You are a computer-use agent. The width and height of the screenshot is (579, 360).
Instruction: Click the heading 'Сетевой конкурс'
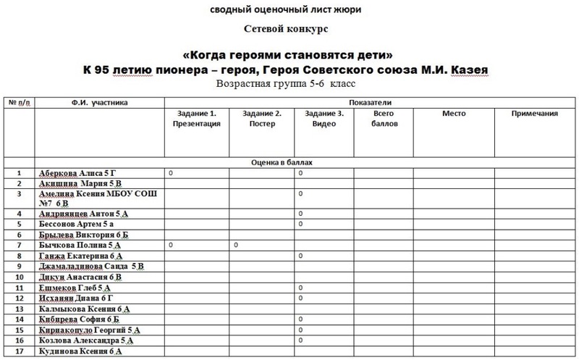click(289, 31)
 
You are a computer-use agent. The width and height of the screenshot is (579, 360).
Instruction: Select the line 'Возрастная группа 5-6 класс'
click(289, 84)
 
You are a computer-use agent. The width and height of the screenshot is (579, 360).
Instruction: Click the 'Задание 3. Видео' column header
click(322, 118)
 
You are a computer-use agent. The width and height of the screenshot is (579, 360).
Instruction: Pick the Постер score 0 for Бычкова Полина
click(237, 246)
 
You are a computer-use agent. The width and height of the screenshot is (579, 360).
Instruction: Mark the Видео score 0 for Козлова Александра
click(300, 340)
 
